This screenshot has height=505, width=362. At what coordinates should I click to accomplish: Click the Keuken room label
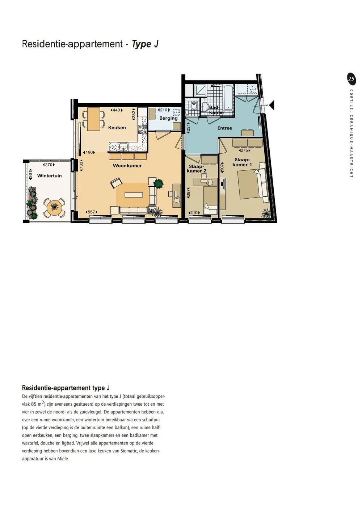point(117,128)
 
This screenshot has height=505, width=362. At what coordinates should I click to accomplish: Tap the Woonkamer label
point(127,166)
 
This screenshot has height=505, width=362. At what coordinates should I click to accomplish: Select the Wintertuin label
point(49,176)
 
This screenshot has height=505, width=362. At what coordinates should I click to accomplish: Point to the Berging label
point(168,118)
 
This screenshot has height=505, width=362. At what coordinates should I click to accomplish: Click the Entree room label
point(224,128)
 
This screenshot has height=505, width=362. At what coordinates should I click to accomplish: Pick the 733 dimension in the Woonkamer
point(81,166)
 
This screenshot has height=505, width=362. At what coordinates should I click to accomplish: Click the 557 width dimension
point(92,212)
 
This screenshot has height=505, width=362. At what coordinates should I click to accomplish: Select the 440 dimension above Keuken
point(117,110)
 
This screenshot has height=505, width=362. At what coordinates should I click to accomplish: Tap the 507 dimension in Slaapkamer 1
point(222,167)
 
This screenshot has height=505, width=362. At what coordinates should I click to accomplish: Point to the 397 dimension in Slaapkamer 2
point(189,193)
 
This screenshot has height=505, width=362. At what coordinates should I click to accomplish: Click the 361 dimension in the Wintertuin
point(31,175)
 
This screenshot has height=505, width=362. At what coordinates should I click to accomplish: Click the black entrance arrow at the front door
point(271,105)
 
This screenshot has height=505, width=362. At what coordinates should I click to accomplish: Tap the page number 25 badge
point(351,79)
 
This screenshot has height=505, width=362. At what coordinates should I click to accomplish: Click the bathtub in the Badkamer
point(229,98)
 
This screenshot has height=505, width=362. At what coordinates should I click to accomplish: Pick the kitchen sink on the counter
point(123,146)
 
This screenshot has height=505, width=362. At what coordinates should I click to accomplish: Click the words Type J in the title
point(145,44)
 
